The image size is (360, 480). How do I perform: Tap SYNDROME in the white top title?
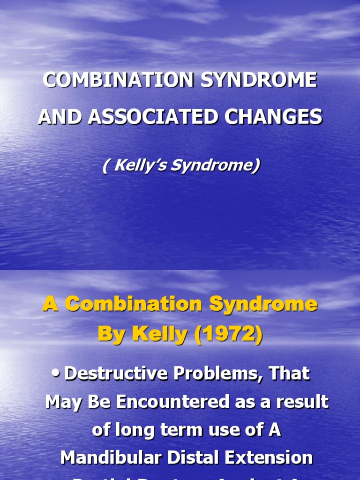point(259,80)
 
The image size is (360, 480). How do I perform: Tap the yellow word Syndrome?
point(263,305)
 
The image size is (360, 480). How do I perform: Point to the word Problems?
point(218,374)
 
